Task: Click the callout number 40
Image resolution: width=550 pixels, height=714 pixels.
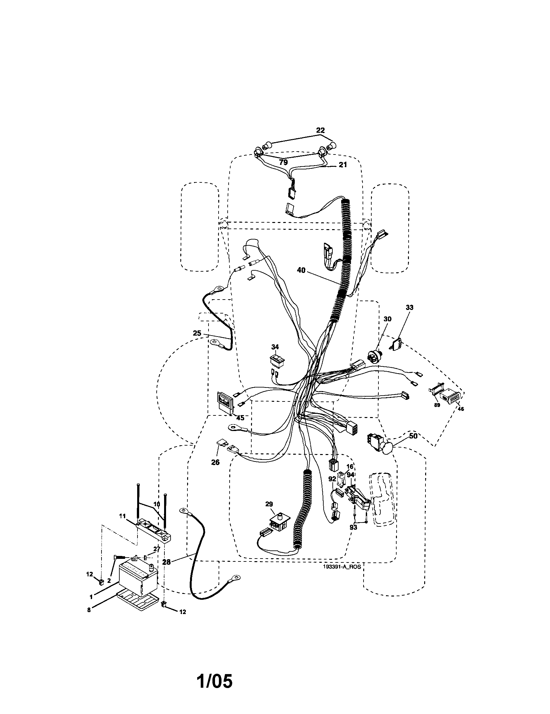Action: [x=301, y=270]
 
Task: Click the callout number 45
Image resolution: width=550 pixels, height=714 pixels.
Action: [x=240, y=418]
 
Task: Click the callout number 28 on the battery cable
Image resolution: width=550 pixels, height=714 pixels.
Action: [x=166, y=561]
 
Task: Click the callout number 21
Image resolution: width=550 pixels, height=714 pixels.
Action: [x=342, y=165]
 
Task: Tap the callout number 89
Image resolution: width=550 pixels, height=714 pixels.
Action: [x=437, y=405]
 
